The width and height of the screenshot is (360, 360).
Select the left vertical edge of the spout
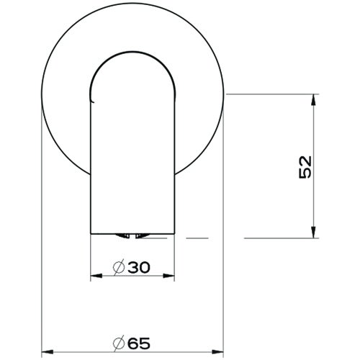(91, 166)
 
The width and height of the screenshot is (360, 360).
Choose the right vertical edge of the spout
(176, 166)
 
